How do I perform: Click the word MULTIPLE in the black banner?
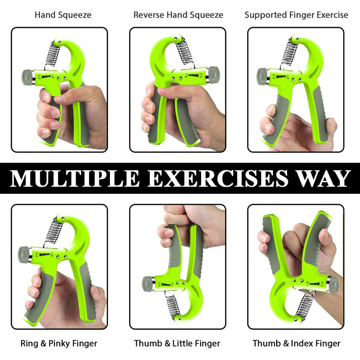[x=75, y=178]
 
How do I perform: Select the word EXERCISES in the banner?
[x=218, y=178]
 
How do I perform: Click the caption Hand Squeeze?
[x=63, y=15]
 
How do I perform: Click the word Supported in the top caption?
[x=266, y=15]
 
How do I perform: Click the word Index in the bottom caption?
[x=302, y=343]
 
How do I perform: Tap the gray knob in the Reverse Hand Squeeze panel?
[x=214, y=75]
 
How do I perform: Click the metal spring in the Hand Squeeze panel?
[x=52, y=55]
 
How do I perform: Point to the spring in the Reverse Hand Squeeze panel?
[x=185, y=52]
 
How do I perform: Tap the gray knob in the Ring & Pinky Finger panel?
[x=24, y=255]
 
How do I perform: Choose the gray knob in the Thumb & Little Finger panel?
[x=147, y=284]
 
